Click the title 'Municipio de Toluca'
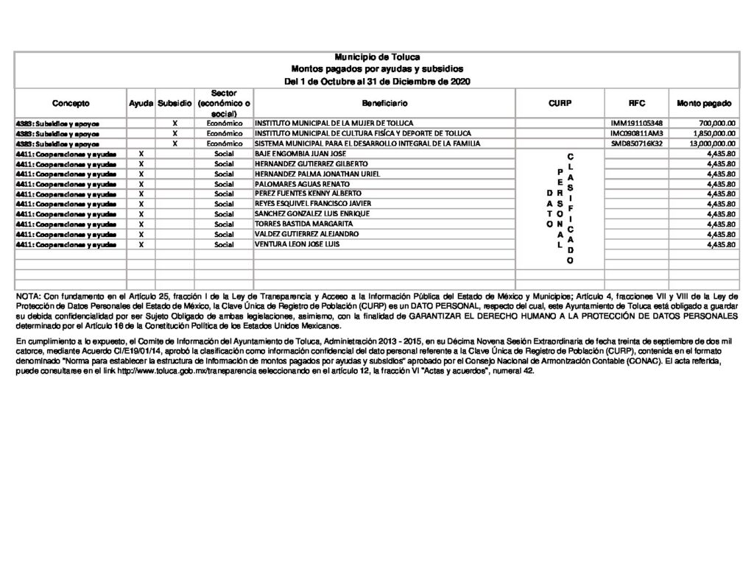tap(377, 57)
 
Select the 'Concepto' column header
tap(71, 104)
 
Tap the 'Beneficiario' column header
tap(384, 104)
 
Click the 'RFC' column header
tap(637, 104)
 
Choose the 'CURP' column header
tap(559, 104)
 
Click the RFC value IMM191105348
tap(637, 123)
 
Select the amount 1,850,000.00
tap(714, 133)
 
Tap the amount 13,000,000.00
tap(712, 143)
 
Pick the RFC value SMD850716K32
tap(637, 143)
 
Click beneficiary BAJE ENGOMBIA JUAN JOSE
tap(300, 153)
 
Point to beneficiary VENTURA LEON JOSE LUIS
tap(297, 244)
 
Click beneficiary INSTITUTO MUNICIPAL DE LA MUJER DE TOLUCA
tap(334, 123)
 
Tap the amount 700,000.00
tap(717, 123)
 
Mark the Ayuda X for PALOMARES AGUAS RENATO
tap(141, 183)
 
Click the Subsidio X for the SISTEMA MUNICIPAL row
tap(175, 143)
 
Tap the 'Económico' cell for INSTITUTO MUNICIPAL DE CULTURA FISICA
tap(224, 133)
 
